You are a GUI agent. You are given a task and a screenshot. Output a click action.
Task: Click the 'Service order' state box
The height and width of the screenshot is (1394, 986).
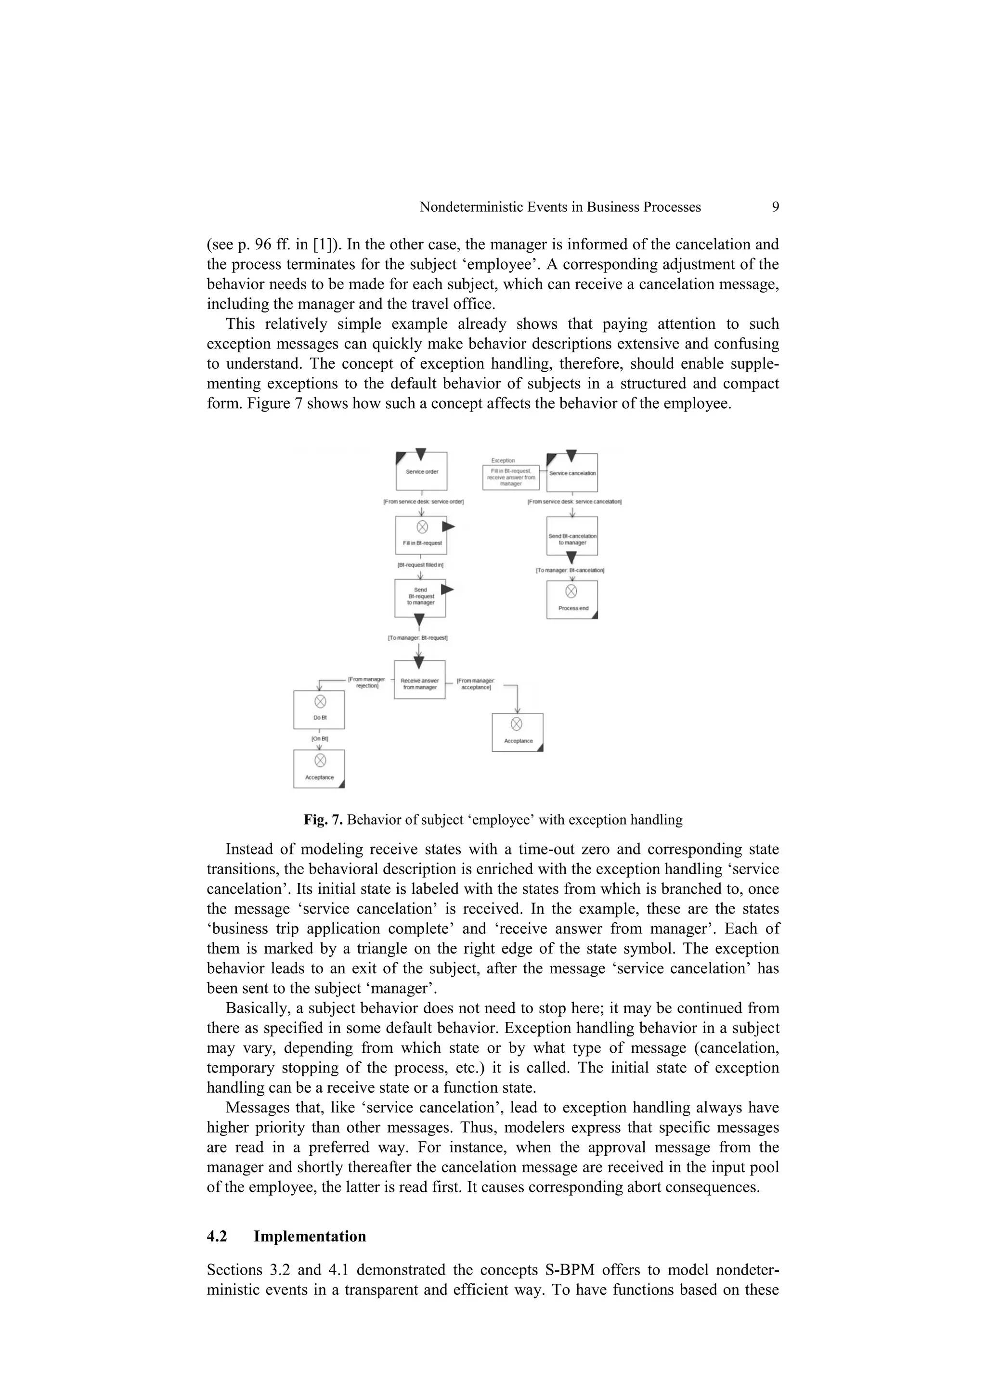click(421, 472)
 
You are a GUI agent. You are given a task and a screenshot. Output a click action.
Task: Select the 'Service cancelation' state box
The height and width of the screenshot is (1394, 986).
click(572, 474)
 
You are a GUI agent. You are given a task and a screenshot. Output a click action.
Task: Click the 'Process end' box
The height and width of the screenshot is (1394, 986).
click(572, 600)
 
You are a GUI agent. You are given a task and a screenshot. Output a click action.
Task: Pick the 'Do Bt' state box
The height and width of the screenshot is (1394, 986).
click(319, 710)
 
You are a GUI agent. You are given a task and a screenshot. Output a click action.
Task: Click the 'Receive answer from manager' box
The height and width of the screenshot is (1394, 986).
click(419, 680)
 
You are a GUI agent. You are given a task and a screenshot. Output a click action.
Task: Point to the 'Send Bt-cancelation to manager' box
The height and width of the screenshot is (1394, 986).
click(572, 537)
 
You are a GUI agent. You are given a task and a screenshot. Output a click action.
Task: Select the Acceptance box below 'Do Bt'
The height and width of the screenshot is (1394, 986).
click(319, 769)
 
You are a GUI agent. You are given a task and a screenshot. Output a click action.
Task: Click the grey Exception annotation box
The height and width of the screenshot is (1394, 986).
click(511, 477)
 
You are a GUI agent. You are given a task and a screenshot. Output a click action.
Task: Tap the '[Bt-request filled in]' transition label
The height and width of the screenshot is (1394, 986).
click(420, 565)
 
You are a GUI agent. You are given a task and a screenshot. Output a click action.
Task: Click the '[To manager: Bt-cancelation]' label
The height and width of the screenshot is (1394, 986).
click(570, 570)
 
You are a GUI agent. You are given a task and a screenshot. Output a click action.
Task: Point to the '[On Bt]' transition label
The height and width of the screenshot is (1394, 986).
click(319, 739)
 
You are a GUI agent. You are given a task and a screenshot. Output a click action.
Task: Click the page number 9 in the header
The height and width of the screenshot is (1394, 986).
click(775, 207)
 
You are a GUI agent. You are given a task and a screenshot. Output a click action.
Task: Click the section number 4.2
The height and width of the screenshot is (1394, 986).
click(217, 1237)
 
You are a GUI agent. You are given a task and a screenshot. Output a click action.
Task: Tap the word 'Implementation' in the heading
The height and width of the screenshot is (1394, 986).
click(310, 1237)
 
